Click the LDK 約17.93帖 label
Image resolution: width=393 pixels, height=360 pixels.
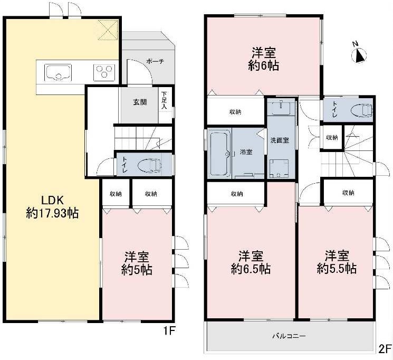coord(52,207)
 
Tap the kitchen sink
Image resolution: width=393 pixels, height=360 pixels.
coord(58,72)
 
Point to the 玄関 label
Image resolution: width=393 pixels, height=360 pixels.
coord(140,102)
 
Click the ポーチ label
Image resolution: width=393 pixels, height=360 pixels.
coord(155,61)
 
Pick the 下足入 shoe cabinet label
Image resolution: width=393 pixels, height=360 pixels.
coord(164,100)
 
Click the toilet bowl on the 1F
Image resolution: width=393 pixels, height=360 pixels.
coord(150,165)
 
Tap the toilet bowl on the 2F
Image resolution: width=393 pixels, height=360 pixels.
coord(362,110)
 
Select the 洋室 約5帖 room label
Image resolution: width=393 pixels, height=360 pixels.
coord(137,263)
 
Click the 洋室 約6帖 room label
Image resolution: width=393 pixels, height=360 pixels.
coord(263,59)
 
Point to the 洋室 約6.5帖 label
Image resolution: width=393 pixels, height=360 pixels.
coord(251,262)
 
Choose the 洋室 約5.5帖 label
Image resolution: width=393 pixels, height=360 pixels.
coord(337,262)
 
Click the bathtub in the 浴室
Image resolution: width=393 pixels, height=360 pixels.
coord(220,154)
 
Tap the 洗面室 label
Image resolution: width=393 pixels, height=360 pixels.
coord(280,140)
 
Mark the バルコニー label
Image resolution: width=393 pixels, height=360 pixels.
coord(289,336)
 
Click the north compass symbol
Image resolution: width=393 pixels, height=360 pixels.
coord(359,54)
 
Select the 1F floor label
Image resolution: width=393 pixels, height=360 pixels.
coord(169,331)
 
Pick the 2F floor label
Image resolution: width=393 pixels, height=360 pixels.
coord(385,349)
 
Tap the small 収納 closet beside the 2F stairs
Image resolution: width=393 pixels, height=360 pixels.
coord(332,137)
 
